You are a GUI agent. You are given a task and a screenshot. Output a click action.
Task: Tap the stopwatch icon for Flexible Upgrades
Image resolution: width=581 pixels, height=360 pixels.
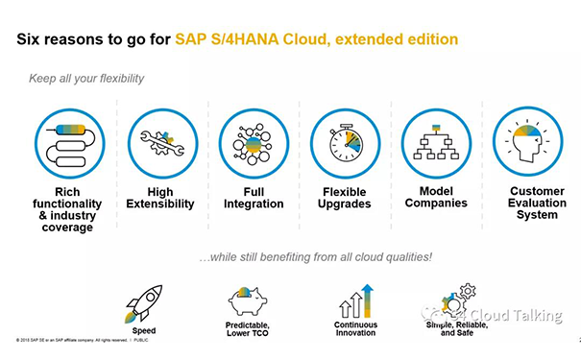[x=344, y=144]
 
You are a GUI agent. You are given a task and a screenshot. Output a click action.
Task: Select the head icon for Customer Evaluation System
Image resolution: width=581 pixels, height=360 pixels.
[x=525, y=144]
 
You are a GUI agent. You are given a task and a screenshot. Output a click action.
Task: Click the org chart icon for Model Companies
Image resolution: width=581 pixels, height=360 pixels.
[x=436, y=144]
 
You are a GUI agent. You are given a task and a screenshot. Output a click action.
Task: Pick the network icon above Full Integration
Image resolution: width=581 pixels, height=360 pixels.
[x=253, y=144]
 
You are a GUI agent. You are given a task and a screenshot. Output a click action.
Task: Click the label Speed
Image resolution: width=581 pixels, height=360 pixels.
[x=144, y=331]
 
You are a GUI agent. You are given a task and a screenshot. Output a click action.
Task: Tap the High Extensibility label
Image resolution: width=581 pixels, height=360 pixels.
[x=160, y=198]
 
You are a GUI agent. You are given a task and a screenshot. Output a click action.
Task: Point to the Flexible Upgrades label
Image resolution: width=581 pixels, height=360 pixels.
[x=344, y=199]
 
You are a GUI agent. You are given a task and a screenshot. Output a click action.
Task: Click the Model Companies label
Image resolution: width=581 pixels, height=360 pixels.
[x=436, y=197]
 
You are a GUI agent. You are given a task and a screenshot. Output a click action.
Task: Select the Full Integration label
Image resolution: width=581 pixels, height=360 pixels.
[x=253, y=198]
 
